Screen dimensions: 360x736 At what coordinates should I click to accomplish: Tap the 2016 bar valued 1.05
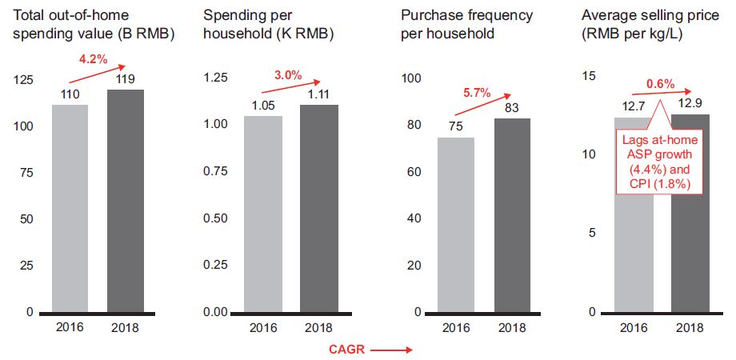262,214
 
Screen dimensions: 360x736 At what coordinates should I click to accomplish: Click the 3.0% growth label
288,75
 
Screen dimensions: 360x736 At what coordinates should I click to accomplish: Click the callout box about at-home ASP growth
661,163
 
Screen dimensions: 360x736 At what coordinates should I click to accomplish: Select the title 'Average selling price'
639,15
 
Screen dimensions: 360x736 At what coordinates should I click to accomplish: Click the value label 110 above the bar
70,94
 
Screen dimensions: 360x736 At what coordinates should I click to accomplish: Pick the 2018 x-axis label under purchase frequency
512,328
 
